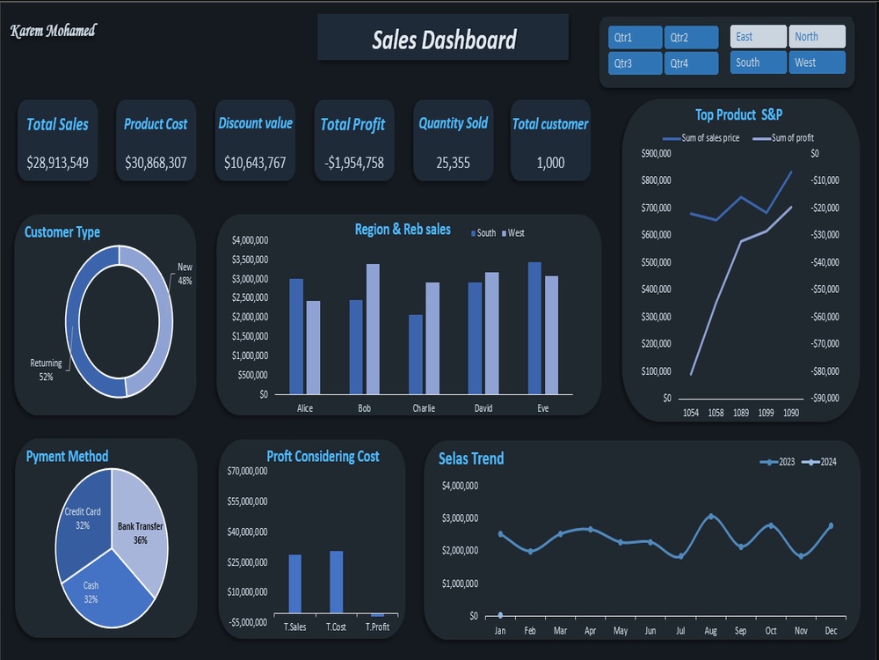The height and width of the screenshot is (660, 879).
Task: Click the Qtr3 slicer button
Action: click(x=635, y=63)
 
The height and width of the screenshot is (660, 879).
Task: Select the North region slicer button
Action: click(x=817, y=36)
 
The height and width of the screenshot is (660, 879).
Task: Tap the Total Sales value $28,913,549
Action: click(x=57, y=163)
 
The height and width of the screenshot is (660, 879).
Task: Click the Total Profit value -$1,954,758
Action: click(x=354, y=163)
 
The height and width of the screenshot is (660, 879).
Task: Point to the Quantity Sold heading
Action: click(x=453, y=123)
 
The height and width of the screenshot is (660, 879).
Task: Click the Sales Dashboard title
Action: click(x=444, y=40)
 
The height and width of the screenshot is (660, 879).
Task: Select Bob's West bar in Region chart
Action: click(x=373, y=329)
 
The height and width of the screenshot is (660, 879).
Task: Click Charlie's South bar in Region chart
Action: click(x=416, y=354)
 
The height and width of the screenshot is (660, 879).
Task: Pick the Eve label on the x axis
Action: click(x=542, y=408)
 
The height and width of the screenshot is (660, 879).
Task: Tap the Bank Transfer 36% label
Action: click(x=140, y=533)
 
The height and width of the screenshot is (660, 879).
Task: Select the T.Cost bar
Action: click(x=337, y=582)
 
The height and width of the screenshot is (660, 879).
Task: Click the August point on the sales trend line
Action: click(x=711, y=517)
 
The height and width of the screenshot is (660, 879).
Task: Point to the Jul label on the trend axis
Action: click(x=680, y=631)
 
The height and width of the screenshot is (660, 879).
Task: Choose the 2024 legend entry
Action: click(x=819, y=462)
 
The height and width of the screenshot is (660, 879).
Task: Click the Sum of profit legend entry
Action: click(x=783, y=138)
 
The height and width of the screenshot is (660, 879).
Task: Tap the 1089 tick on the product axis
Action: click(x=740, y=413)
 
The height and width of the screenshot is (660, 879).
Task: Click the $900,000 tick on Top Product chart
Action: click(x=656, y=153)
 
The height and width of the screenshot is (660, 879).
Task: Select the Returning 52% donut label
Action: click(x=46, y=370)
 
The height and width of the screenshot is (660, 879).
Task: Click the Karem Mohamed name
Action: click(x=54, y=30)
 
